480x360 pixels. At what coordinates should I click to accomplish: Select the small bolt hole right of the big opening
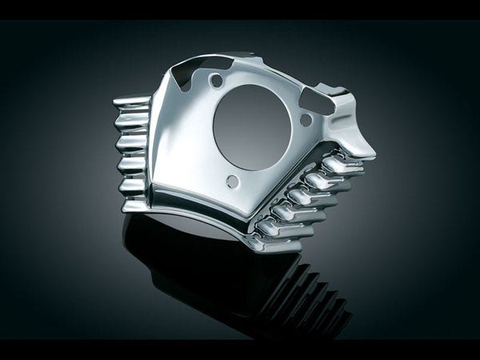[x=305, y=120]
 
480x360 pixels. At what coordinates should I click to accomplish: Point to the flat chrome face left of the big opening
[x=188, y=136]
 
